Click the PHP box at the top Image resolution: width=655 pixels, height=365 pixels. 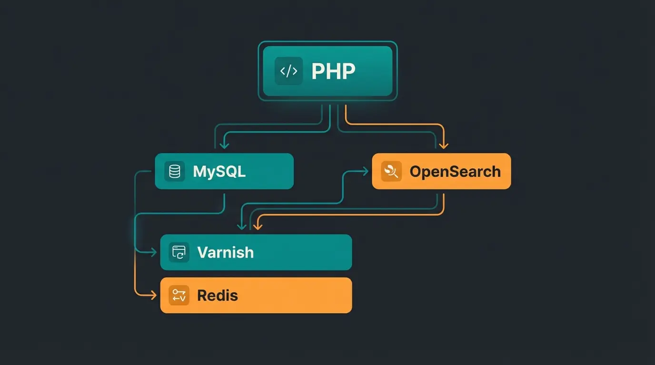point(327,71)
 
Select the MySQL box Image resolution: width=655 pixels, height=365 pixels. point(224,171)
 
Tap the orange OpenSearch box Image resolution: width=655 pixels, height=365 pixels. point(441,171)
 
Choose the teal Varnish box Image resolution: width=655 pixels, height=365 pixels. point(256,252)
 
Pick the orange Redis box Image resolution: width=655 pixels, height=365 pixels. point(256,295)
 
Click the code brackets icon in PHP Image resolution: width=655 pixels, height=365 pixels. point(288,71)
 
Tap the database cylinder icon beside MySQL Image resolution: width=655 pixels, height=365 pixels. point(175,171)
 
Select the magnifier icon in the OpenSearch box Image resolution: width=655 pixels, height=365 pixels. point(391,171)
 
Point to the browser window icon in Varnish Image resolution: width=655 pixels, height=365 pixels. point(179,252)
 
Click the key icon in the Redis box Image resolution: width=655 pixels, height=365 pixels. point(179,295)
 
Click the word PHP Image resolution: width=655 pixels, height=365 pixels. point(333,71)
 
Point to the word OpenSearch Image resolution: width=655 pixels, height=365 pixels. point(455,171)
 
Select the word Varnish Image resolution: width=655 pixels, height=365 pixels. point(225,252)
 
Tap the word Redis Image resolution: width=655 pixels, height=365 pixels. point(218,295)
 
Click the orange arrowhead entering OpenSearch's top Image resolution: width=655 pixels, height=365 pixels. point(444,145)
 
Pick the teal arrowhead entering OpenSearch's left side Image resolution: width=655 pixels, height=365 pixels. point(366,171)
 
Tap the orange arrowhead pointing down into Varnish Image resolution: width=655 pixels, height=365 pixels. point(258,226)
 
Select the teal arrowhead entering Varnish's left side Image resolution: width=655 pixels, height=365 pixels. point(153,252)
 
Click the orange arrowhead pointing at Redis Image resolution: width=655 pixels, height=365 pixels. point(153,295)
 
